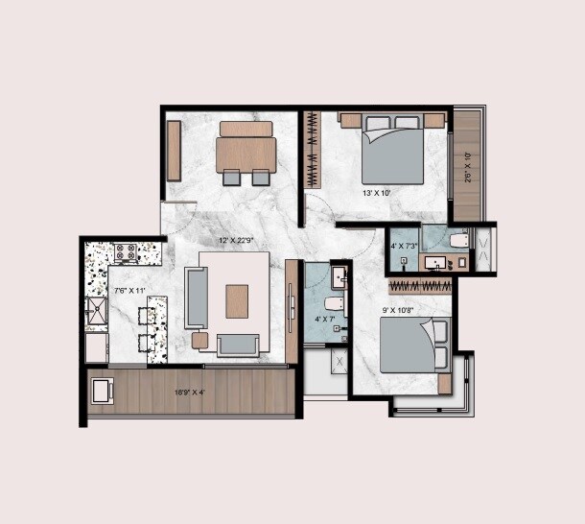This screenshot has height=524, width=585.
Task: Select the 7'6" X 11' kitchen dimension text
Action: [128, 290]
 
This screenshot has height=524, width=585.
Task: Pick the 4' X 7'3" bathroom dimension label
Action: [404, 246]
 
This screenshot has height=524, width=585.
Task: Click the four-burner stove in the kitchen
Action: [126, 253]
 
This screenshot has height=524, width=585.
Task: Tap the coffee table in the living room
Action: [237, 301]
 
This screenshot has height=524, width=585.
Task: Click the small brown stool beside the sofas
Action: [199, 340]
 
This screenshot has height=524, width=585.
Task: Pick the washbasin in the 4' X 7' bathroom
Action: [339, 277]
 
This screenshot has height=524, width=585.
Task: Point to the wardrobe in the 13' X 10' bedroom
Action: [311, 150]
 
